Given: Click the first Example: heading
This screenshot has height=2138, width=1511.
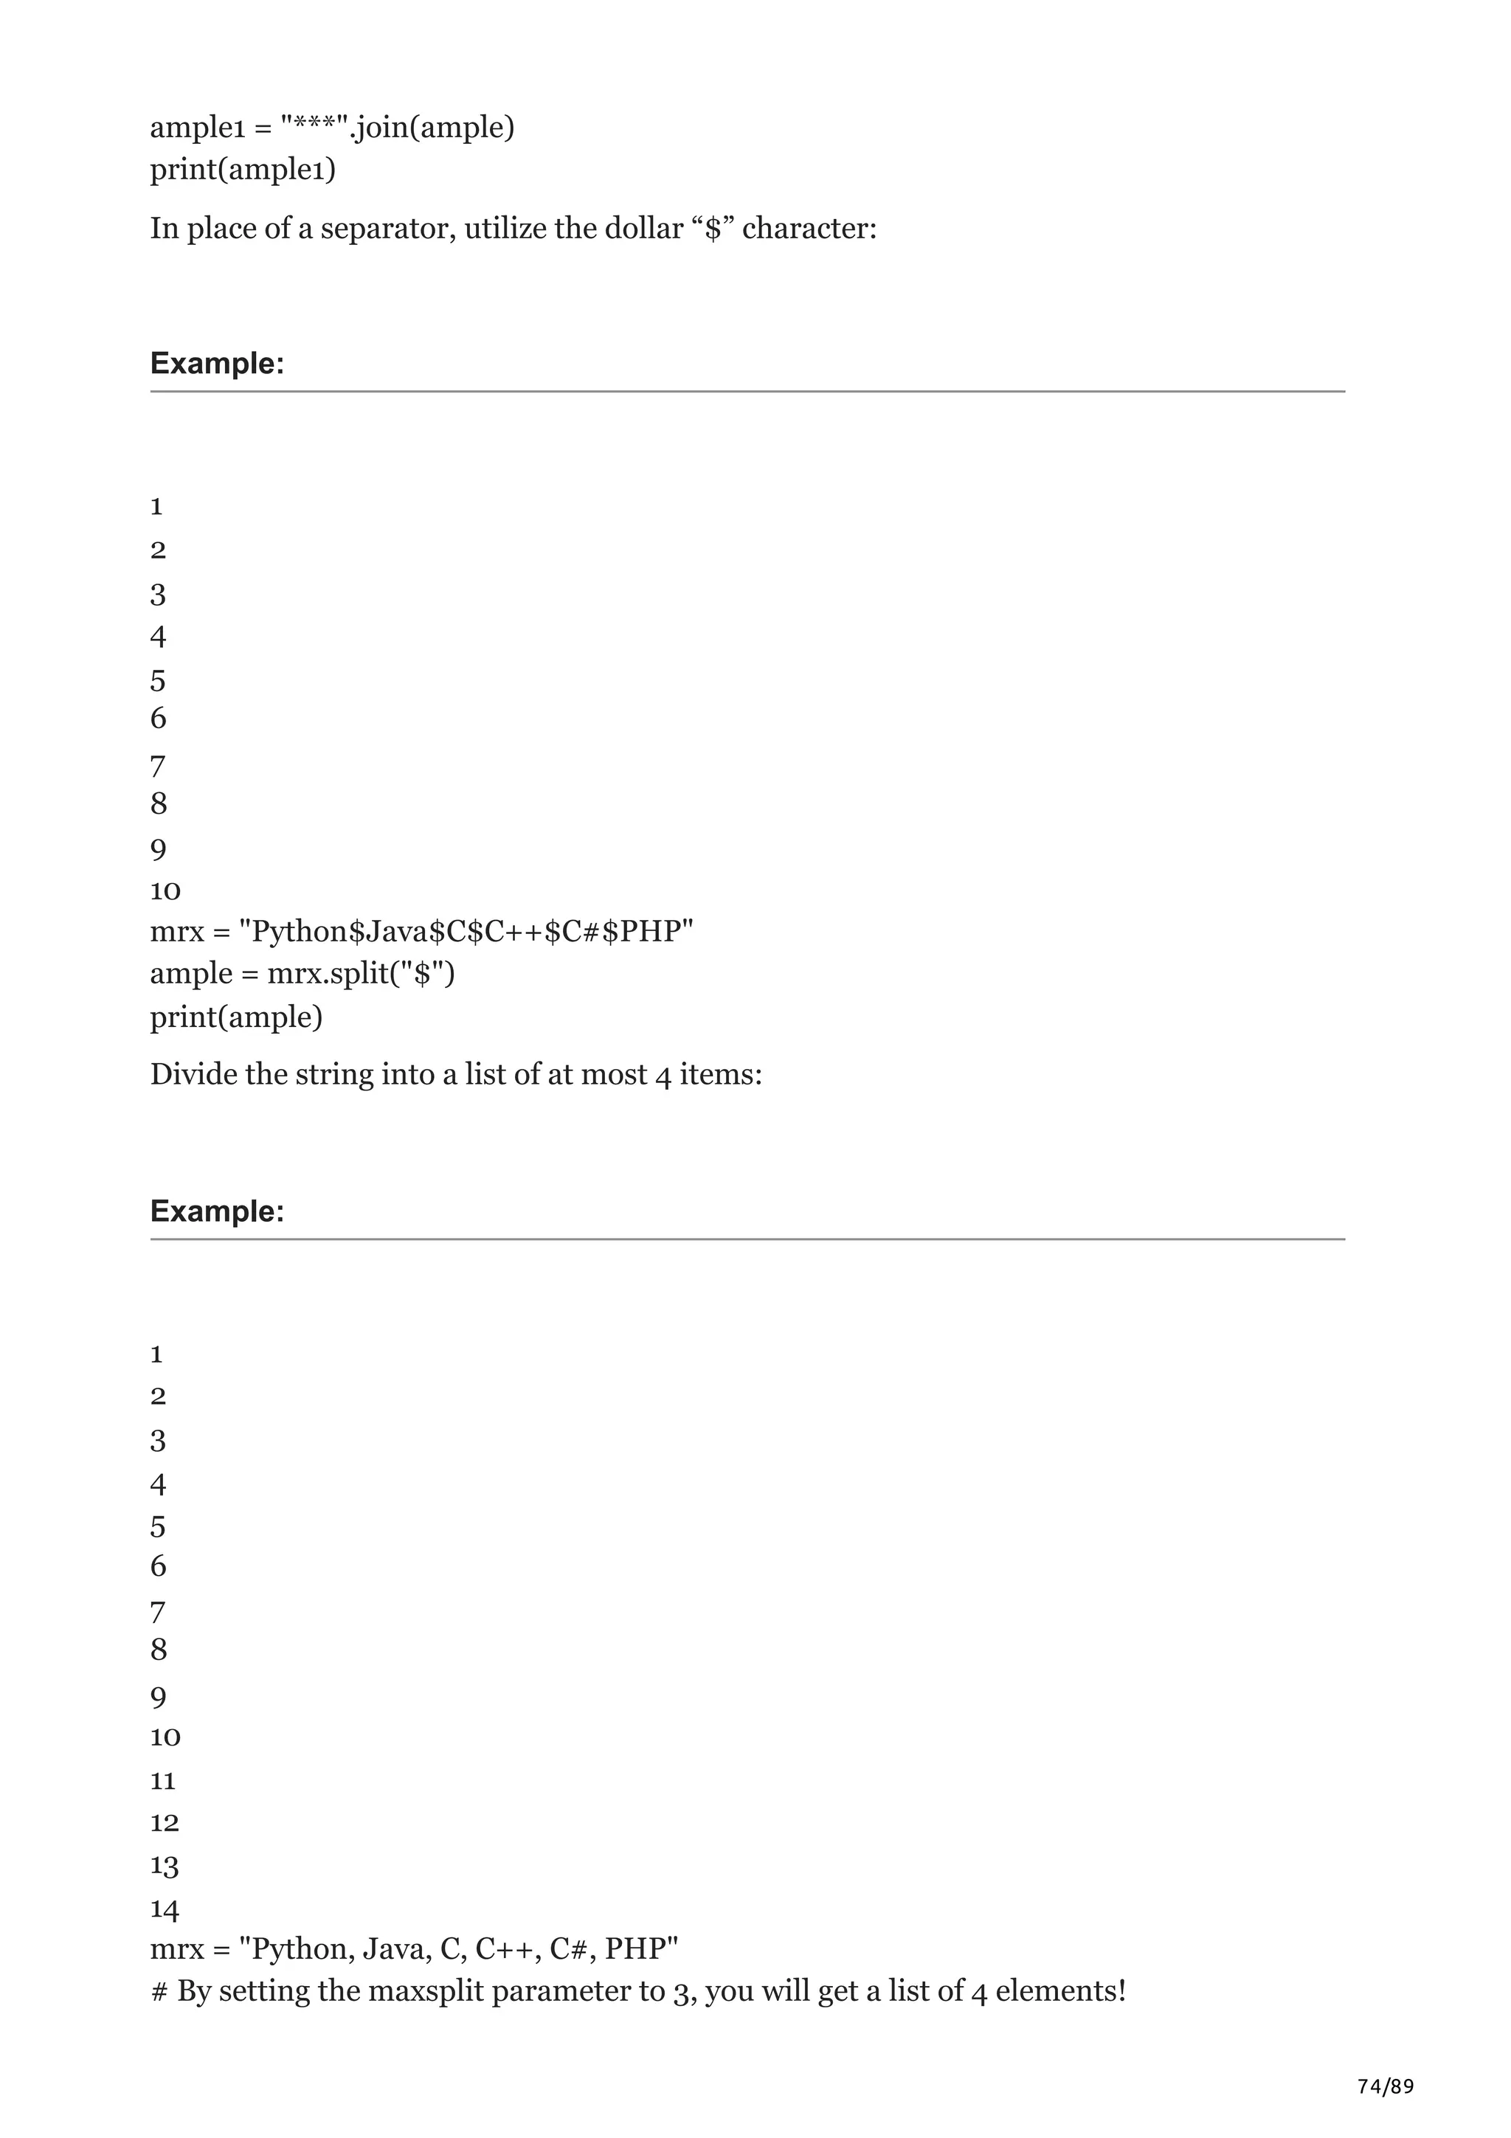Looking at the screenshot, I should [217, 363].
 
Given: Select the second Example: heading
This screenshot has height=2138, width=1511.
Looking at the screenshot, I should [217, 1211].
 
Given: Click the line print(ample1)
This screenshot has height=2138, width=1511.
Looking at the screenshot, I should [243, 170].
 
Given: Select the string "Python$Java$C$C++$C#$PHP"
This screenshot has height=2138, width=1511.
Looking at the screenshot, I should [466, 930].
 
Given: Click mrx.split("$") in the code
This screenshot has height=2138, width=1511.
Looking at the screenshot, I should [362, 973].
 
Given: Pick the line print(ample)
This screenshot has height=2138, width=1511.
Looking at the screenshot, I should [237, 1016].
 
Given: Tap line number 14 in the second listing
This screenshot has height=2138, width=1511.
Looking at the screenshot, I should [165, 1909].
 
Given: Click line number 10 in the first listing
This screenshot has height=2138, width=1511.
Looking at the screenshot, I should [165, 891].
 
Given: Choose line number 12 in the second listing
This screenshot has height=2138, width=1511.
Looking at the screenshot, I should [165, 1822].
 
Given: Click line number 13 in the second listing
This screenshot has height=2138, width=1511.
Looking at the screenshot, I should [165, 1865].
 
